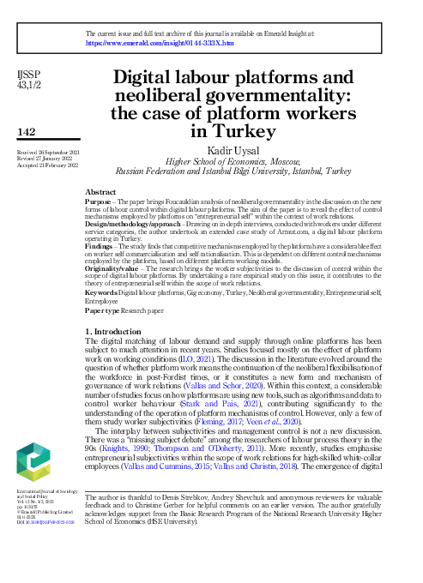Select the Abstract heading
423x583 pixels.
point(101,193)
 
